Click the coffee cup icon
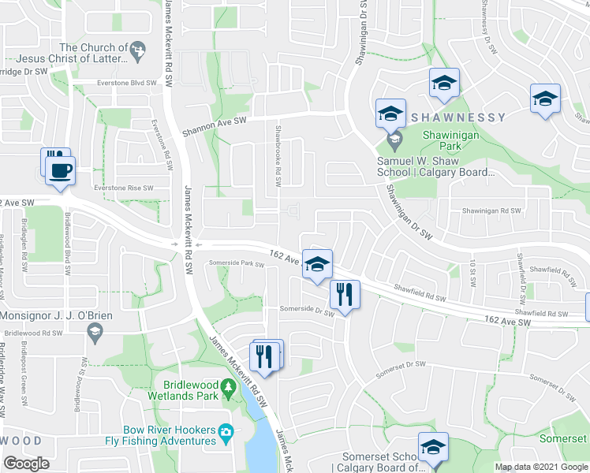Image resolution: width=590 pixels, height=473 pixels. pyautogui.click(x=61, y=169)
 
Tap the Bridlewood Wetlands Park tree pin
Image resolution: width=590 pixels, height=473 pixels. pyautogui.click(x=228, y=388)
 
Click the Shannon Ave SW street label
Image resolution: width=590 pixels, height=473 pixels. pyautogui.click(x=215, y=121)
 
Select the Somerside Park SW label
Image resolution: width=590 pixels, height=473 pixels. pyautogui.click(x=236, y=263)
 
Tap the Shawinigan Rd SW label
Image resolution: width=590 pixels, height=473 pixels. pyautogui.click(x=491, y=210)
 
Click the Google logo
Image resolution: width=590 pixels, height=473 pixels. pyautogui.click(x=27, y=464)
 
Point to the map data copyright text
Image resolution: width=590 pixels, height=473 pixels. pyautogui.click(x=541, y=467)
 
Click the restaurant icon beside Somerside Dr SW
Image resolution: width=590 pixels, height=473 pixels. pyautogui.click(x=345, y=296)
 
